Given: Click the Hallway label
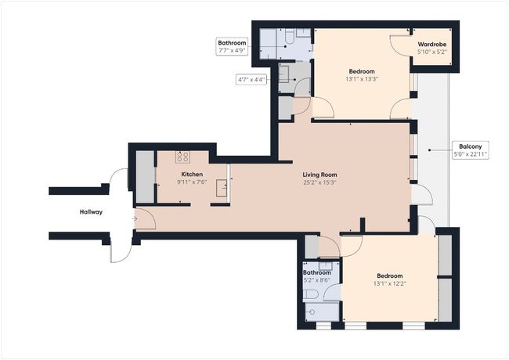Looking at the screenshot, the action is pos(91,212).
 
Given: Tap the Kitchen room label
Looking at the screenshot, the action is pos(192,175).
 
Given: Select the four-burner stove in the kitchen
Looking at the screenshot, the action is pos(182,157).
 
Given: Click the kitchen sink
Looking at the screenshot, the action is pos(222,188).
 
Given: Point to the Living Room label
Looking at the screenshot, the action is pos(319,175).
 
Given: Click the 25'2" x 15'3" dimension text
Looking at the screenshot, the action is pos(319,182).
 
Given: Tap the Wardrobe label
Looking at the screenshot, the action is pos(432,45).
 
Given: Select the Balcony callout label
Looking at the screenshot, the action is pos(471,146).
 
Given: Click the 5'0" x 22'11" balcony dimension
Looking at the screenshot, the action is pos(471,154).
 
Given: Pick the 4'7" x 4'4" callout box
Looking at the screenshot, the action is pos(251,80).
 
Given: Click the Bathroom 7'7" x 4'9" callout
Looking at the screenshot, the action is pos(232,46).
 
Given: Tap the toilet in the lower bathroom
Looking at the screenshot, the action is pos(311,295).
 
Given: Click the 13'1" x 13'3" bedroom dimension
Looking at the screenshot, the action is pos(362,79).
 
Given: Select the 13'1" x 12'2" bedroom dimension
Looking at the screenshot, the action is pos(390,284).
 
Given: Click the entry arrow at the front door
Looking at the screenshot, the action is pos(135,219).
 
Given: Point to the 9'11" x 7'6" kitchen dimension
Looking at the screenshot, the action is pos(192,182).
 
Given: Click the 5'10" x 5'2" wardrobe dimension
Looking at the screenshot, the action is pos(432,52).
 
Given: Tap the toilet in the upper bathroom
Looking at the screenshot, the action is pos(290,36).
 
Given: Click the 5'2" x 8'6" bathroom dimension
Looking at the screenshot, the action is pos(317,280).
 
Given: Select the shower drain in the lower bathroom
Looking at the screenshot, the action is pos(312,312).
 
